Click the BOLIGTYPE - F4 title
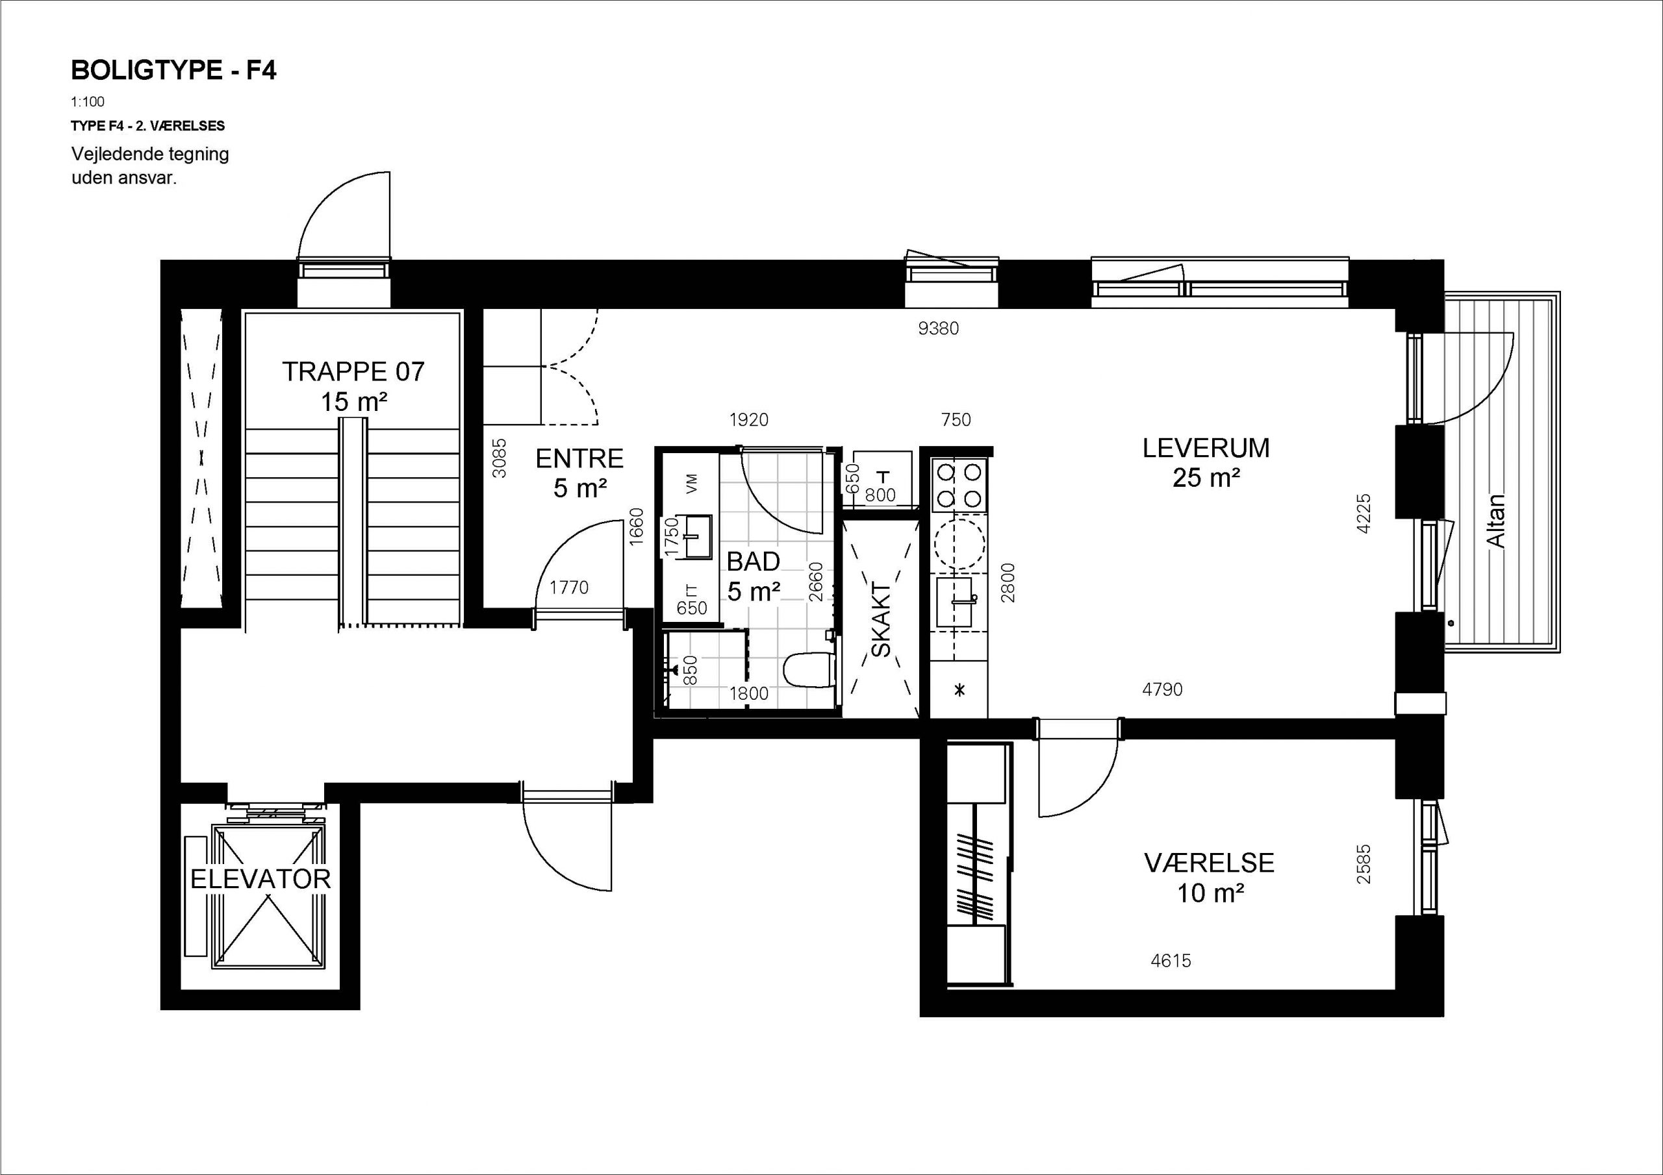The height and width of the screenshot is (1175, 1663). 174,70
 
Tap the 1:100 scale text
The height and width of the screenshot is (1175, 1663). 88,102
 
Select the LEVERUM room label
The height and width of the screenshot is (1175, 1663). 1206,448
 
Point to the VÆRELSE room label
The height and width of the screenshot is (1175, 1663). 1209,863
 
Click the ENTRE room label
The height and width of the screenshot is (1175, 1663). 579,458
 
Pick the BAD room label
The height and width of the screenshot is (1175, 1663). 754,561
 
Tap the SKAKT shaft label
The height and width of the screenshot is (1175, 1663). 881,619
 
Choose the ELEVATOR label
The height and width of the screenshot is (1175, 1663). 260,879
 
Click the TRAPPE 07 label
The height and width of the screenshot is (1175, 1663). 353,371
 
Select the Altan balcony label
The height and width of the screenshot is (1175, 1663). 1495,521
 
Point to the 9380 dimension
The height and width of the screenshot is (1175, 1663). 939,328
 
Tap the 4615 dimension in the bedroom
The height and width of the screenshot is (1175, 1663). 1171,961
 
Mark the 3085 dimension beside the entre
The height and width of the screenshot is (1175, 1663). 499,458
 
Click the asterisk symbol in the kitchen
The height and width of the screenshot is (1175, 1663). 959,690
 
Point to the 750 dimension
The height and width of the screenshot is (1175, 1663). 956,420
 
